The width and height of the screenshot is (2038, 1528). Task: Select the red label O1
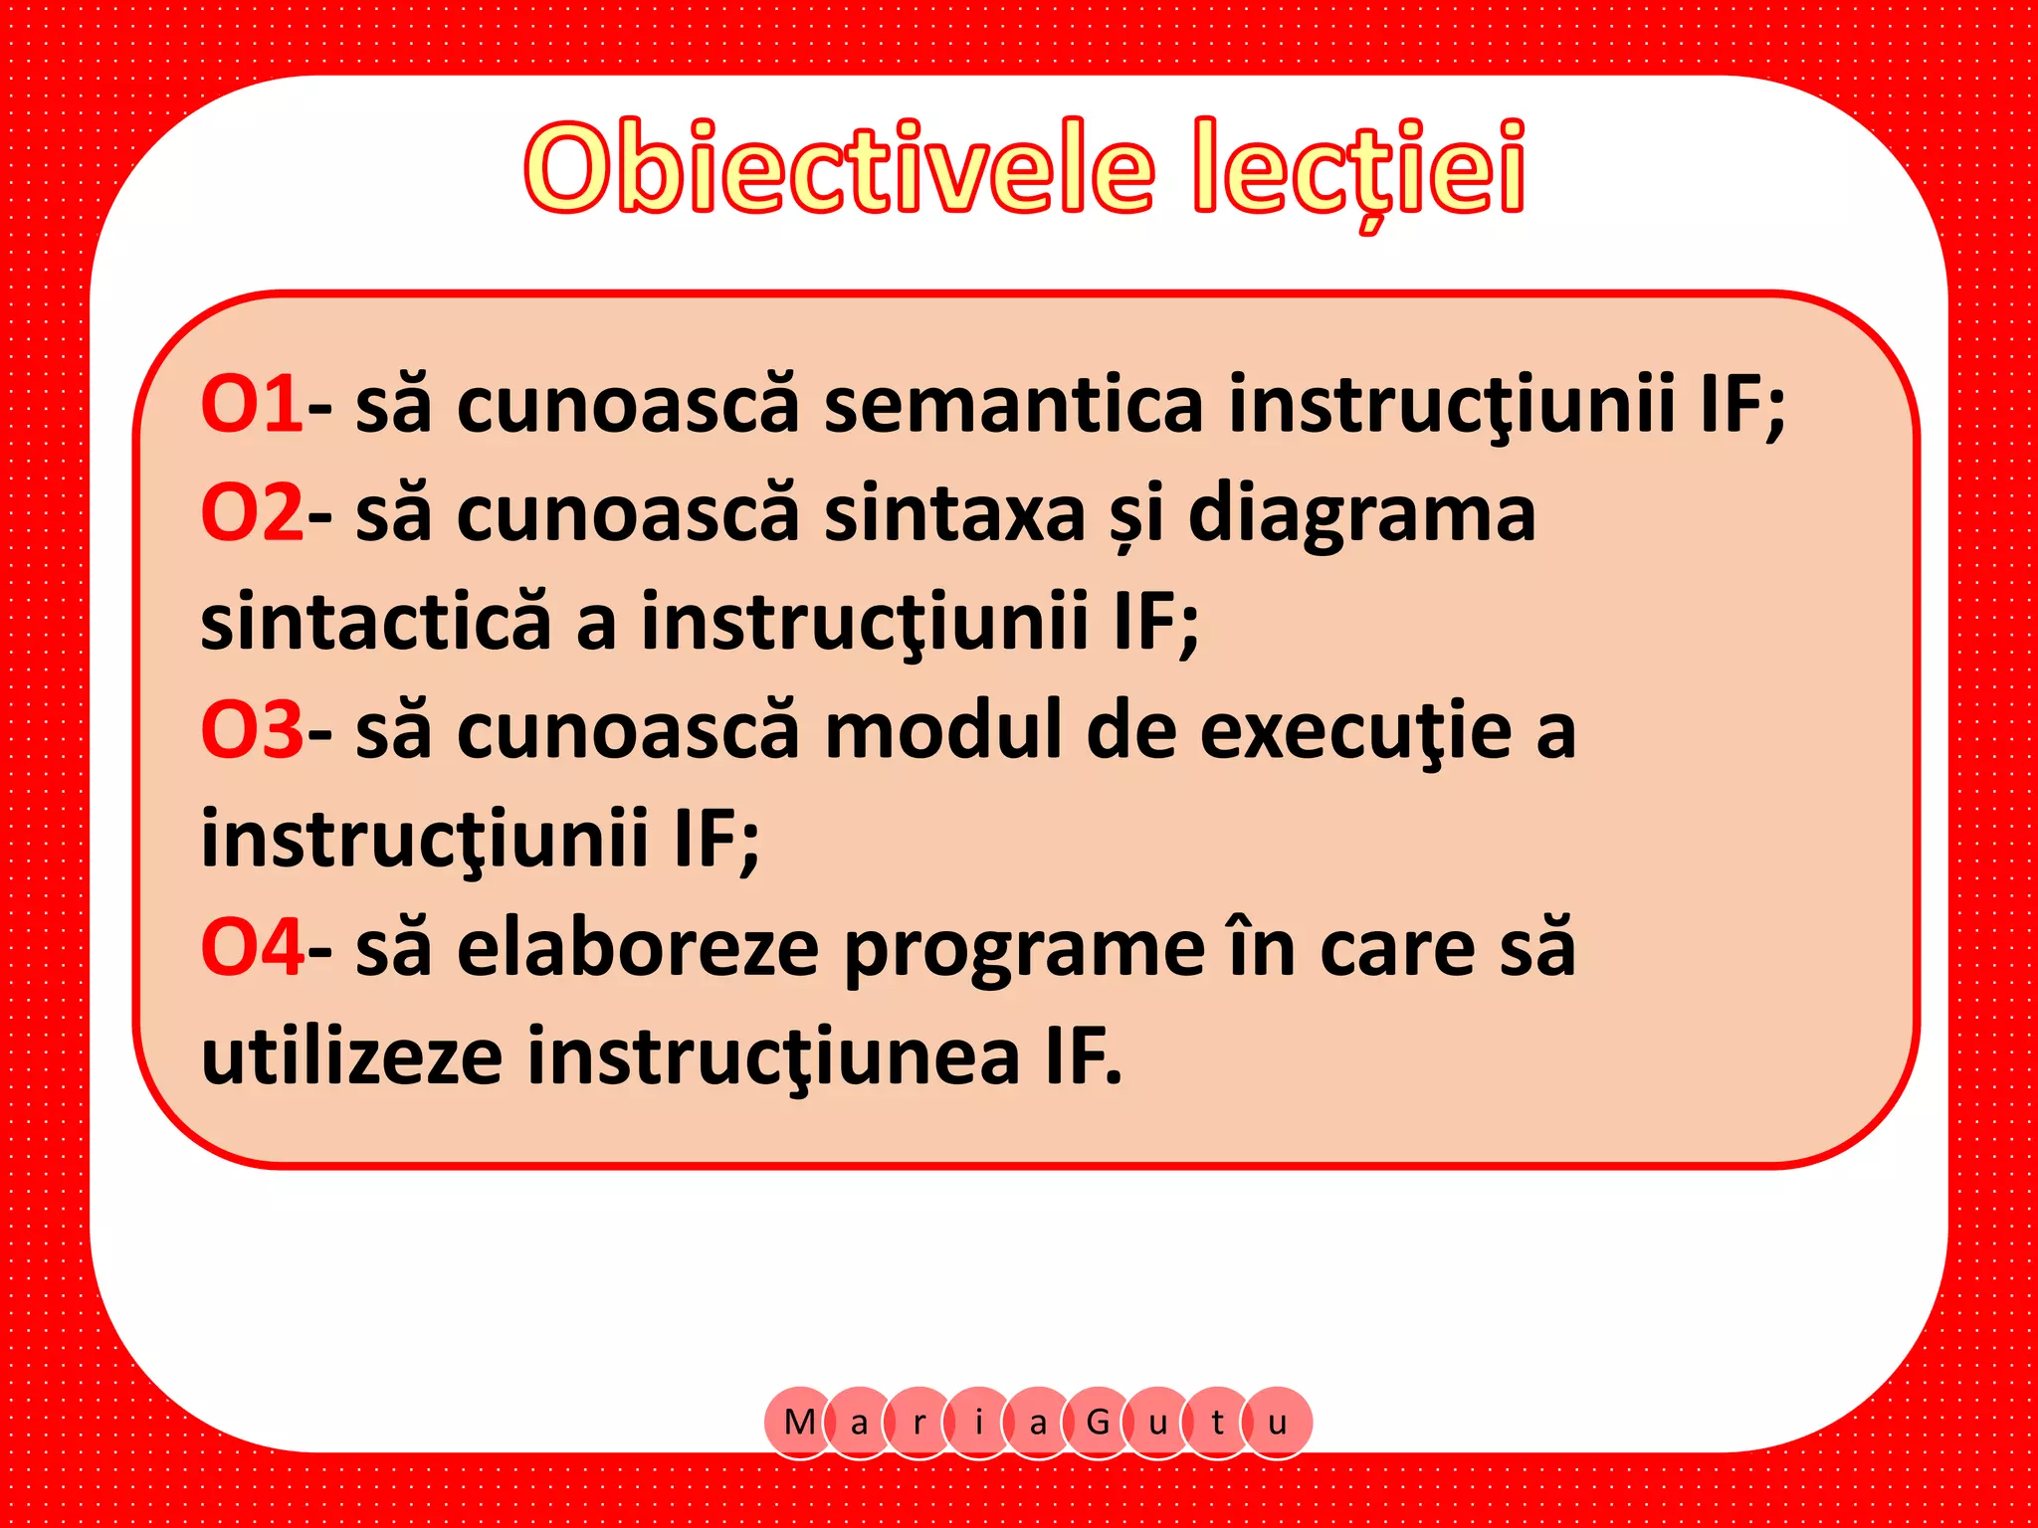click(x=252, y=405)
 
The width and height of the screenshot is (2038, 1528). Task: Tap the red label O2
click(x=252, y=513)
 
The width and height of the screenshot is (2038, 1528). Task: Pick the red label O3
click(x=252, y=730)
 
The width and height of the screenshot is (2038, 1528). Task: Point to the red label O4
click(x=252, y=947)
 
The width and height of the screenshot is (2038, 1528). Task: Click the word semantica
click(x=1013, y=405)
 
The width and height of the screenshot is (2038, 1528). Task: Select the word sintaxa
click(x=954, y=513)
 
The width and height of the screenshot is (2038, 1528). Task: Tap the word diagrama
click(x=1361, y=513)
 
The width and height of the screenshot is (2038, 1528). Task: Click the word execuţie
click(x=1355, y=732)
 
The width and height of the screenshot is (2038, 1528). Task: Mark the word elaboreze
click(x=638, y=947)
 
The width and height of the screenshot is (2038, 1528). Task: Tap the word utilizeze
click(x=351, y=1055)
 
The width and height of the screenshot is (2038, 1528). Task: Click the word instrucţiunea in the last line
click(x=773, y=1057)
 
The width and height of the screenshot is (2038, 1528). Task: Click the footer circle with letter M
click(x=799, y=1423)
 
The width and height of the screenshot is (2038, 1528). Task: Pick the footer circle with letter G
click(x=1098, y=1423)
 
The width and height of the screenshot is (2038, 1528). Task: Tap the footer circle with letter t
click(x=1217, y=1423)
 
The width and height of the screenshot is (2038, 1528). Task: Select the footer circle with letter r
click(x=918, y=1423)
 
